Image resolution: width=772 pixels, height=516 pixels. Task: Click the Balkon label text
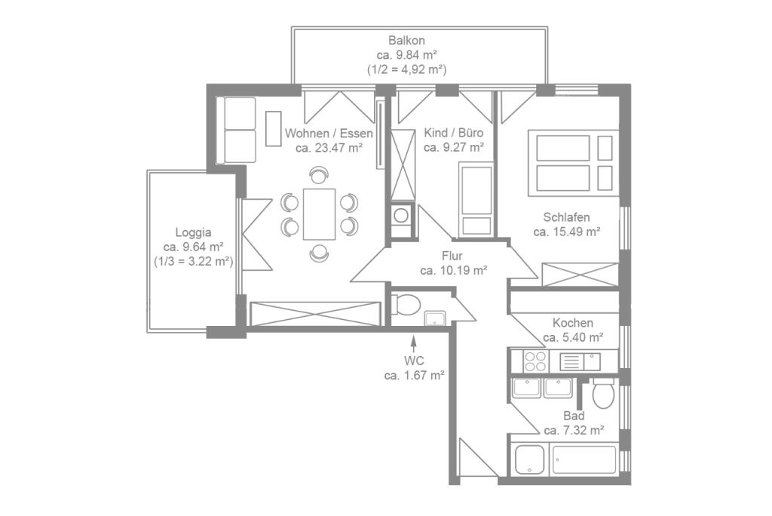coord(407,40)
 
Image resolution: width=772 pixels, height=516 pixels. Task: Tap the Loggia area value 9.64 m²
coord(193,247)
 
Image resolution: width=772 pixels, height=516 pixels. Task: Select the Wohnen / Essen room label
coord(329,134)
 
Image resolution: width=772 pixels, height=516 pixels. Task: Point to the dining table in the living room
coord(319,214)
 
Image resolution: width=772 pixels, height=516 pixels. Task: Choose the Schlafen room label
coord(566,217)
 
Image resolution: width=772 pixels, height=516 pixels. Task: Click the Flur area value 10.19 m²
coord(453,270)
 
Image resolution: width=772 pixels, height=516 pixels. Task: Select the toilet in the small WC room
coord(406,305)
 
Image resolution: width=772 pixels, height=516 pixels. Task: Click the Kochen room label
coord(572,323)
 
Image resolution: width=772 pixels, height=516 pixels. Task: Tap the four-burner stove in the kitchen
coord(535,361)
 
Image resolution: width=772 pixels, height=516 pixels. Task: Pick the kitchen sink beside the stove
coord(581,361)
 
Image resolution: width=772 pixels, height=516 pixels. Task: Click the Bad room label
coord(574,416)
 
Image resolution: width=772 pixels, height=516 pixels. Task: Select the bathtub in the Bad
coord(584,459)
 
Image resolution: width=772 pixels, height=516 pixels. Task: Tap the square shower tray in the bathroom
coord(529,459)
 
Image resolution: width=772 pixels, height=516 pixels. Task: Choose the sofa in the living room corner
coord(235,130)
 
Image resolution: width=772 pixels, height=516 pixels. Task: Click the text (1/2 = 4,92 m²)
coord(407,69)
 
